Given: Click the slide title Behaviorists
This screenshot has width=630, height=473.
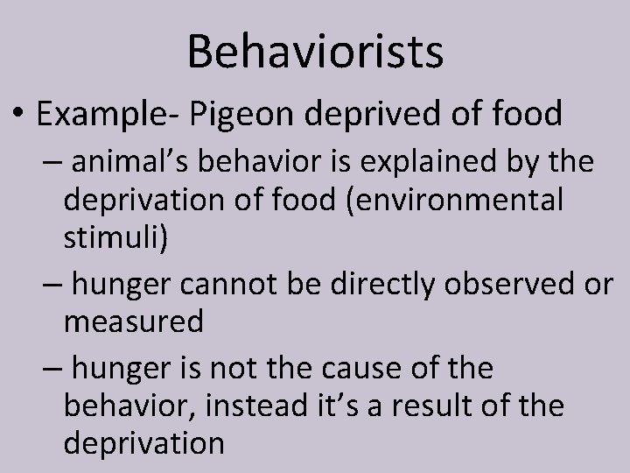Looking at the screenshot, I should pos(315,51).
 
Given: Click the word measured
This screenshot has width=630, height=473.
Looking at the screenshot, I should pos(133,321).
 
